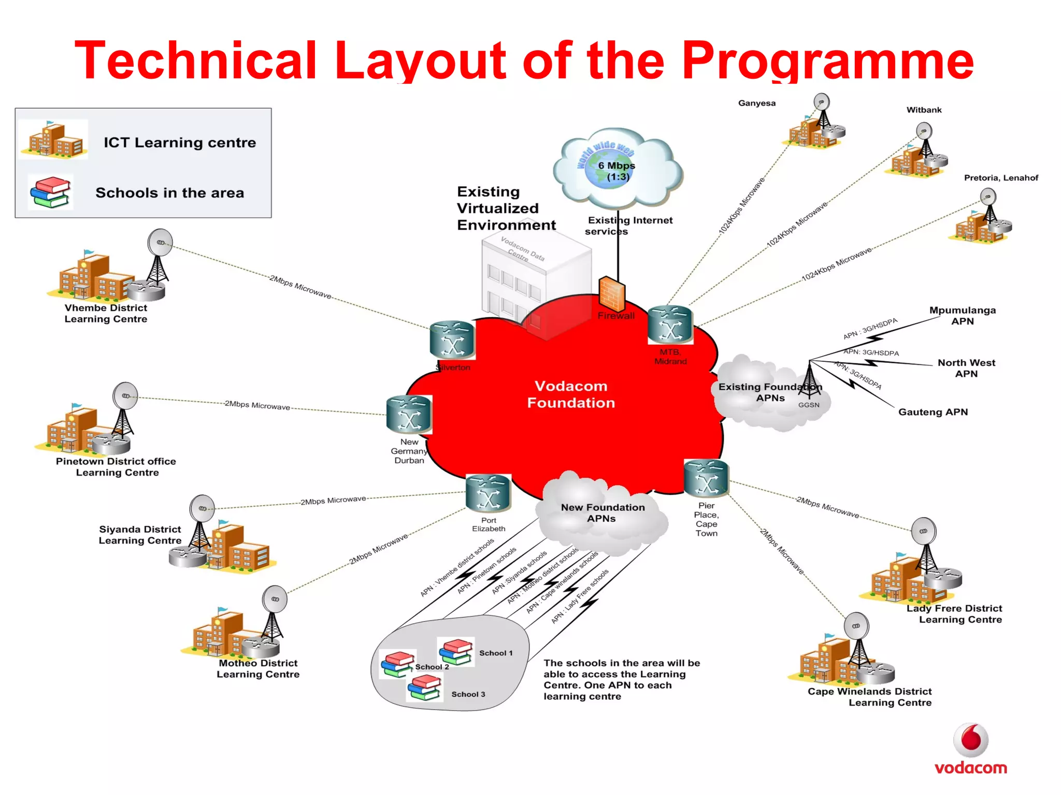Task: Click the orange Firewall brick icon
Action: [x=611, y=294]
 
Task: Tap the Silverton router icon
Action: [x=452, y=340]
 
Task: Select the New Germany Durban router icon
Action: [x=409, y=414]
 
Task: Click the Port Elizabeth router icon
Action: [x=488, y=493]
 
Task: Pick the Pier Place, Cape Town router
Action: [x=706, y=478]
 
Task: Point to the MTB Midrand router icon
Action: [x=670, y=325]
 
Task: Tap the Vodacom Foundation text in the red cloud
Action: [x=571, y=394]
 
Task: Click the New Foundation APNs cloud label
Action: [x=602, y=513]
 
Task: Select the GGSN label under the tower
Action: [x=809, y=405]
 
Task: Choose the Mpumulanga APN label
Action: [x=962, y=316]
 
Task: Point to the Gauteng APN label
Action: [x=933, y=412]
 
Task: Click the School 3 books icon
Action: [x=425, y=688]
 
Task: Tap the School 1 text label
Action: [x=496, y=653]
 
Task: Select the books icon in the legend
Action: [x=50, y=192]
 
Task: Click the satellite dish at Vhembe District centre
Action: [x=160, y=242]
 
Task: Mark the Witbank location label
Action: [x=924, y=110]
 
